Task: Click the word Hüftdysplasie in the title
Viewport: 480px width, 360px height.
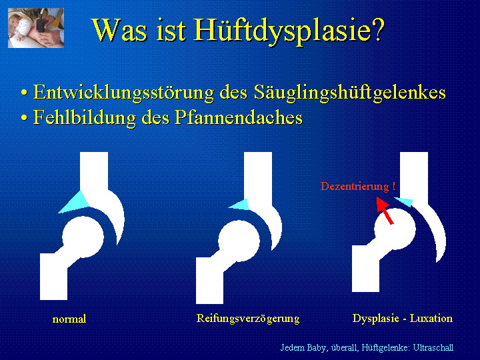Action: click(289, 31)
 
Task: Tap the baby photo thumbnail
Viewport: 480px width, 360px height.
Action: click(36, 28)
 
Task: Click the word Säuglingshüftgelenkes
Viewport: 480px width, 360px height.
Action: click(349, 93)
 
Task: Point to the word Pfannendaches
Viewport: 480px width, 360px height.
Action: click(239, 117)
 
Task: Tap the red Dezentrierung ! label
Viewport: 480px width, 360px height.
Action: click(358, 186)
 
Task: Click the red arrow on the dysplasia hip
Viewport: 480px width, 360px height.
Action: click(385, 211)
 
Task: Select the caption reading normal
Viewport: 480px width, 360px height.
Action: click(69, 319)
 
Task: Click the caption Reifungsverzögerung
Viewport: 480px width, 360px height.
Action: click(248, 319)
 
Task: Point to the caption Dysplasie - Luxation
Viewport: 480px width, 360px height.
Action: click(403, 319)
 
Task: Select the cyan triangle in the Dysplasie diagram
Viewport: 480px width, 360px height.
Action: click(405, 201)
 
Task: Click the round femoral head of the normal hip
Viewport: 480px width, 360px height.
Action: click(83, 236)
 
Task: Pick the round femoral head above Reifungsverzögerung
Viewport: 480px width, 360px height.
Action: click(239, 241)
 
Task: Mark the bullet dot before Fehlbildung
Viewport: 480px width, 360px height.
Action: click(24, 118)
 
